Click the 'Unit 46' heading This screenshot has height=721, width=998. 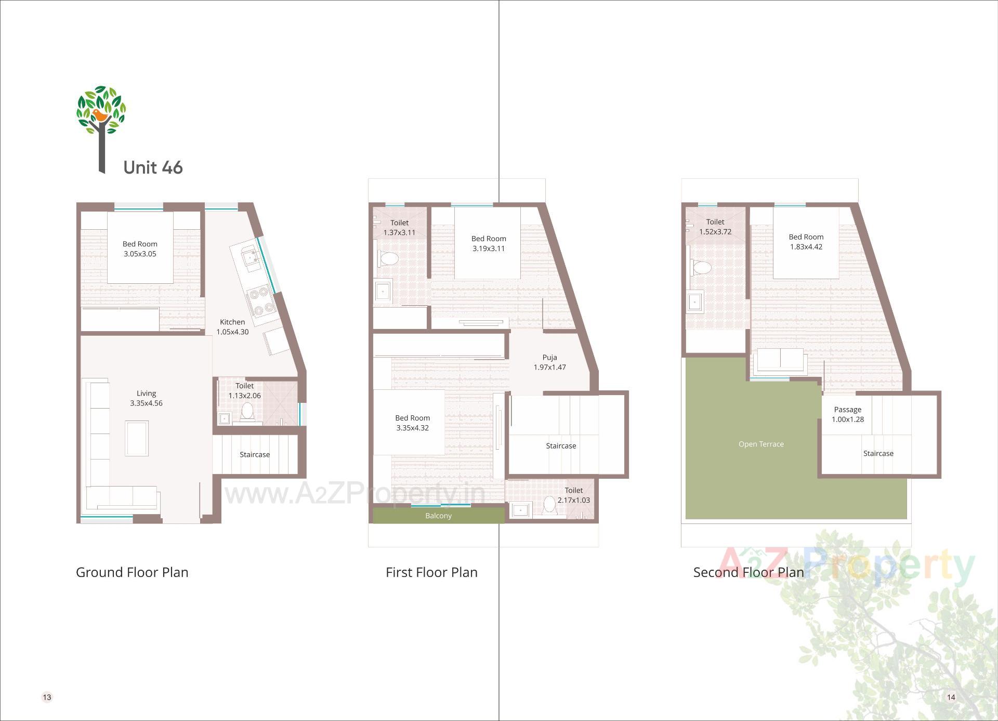coord(153,167)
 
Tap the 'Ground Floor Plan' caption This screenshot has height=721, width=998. coord(132,572)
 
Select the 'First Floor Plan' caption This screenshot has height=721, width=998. coord(431,572)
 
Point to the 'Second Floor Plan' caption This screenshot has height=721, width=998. coord(748,572)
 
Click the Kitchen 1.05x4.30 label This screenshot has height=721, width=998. coord(232,327)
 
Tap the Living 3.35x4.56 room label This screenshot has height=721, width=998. coord(146,398)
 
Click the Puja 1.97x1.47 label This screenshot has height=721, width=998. coord(549,362)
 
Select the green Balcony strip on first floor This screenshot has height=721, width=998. coord(438,516)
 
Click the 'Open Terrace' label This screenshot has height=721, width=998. coord(761,444)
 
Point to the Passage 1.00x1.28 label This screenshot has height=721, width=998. coord(847,414)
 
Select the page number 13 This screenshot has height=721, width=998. coord(47,697)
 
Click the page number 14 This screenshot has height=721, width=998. coord(951,697)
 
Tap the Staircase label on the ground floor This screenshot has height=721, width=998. coord(255,454)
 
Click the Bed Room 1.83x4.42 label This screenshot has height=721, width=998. coord(806,242)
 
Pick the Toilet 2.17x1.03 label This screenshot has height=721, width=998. coord(573,495)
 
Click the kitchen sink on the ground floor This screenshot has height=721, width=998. coord(251,257)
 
